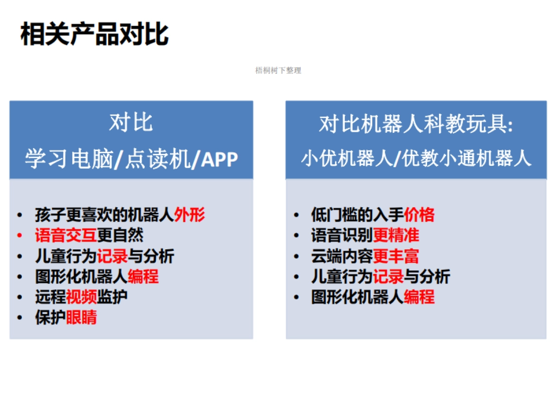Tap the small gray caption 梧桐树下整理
coord(278,71)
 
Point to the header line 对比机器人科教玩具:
coord(416,124)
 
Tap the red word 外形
coord(189,215)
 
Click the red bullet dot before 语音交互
coord(19,235)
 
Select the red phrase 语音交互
coord(66,235)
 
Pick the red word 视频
coord(81,297)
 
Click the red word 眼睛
coord(81,317)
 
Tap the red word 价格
coord(419,215)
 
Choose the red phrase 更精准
coord(396,235)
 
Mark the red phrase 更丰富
coord(396,256)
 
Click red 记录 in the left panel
coord(112,256)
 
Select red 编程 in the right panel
coord(419,297)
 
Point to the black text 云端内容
coord(342,256)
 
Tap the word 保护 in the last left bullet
coord(51,317)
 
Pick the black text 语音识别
coord(342,235)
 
